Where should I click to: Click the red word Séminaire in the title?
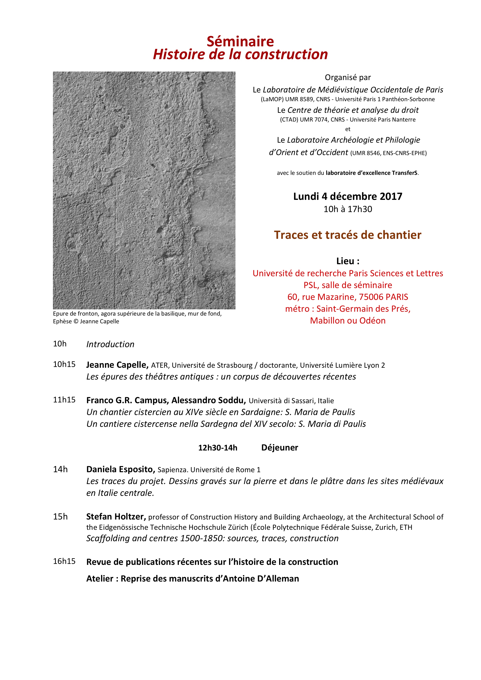coord(240,41)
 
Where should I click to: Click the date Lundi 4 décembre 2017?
coord(348,196)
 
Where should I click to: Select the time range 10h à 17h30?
coord(348,209)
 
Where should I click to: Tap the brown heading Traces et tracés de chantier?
coord(348,235)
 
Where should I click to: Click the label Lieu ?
coord(348,261)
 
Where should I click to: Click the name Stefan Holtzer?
coord(116,517)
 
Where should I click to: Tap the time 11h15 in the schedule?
coord(64,400)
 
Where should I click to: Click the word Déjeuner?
coord(279,448)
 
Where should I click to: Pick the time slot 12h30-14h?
coord(218,448)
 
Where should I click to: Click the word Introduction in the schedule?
coord(110,344)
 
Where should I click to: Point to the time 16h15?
coord(64,561)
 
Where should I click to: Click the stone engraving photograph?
coord(144,190)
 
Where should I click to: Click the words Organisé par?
coord(348,77)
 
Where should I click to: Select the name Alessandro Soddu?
coord(209,400)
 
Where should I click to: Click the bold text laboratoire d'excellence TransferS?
coord(372,173)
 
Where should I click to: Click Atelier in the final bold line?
coord(99,578)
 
